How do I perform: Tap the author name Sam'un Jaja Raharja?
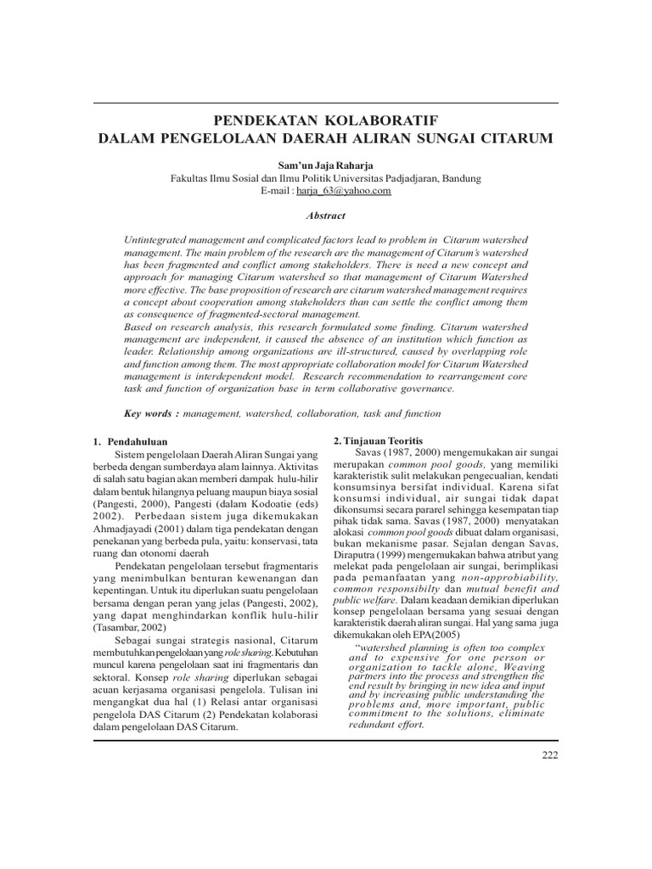pos(325,165)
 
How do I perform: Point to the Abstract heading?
pos(326,216)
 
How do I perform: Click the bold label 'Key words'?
pos(150,413)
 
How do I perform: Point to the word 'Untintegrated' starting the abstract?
pos(157,242)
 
